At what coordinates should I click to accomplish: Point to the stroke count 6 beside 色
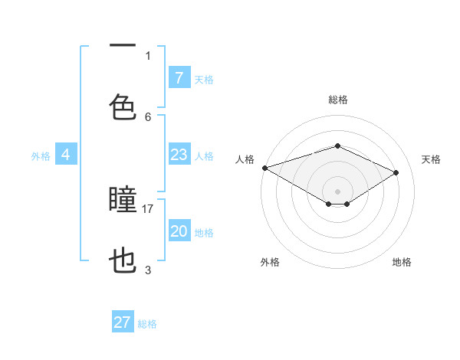(x=148, y=116)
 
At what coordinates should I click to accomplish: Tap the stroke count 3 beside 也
(x=148, y=270)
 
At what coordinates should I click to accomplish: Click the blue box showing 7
(x=179, y=77)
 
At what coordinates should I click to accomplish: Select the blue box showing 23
(x=179, y=155)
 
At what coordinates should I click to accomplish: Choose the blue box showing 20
(x=179, y=231)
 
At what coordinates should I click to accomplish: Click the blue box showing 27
(x=122, y=322)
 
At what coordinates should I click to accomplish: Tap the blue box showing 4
(x=65, y=155)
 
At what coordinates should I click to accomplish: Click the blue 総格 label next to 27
(x=147, y=324)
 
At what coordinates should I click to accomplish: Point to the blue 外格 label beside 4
(x=41, y=156)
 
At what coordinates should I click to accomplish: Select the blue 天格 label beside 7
(x=204, y=79)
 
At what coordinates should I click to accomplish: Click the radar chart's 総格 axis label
(x=337, y=100)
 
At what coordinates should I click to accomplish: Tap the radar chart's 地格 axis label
(x=402, y=262)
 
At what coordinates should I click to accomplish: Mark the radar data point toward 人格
(x=264, y=168)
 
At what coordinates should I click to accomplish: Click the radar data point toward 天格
(x=396, y=172)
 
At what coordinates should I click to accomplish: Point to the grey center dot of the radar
(x=337, y=191)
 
